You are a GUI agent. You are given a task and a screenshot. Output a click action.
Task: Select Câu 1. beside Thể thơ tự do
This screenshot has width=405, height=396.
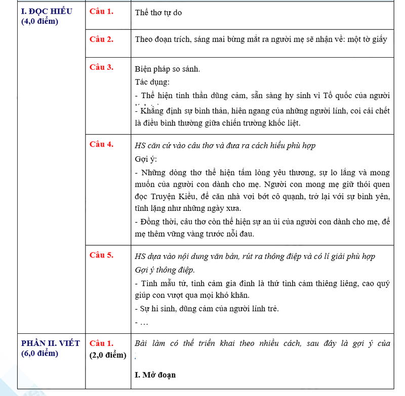(x=101, y=12)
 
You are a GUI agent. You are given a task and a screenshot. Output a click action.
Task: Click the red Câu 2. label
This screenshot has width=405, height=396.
(x=101, y=39)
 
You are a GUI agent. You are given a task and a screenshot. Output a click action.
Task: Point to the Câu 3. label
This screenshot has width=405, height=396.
(x=101, y=67)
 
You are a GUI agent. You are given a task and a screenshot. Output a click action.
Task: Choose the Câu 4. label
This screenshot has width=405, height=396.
(x=101, y=144)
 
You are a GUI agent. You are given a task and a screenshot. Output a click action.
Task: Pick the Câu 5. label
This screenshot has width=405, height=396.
(x=101, y=255)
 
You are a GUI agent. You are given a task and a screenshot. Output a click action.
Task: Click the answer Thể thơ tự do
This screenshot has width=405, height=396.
(x=158, y=13)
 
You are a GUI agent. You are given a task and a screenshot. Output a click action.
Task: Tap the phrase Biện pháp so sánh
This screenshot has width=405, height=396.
(x=168, y=69)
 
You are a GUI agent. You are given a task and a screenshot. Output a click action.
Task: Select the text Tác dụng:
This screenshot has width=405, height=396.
(x=152, y=82)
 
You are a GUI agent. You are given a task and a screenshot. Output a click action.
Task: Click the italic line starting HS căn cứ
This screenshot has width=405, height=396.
(x=225, y=146)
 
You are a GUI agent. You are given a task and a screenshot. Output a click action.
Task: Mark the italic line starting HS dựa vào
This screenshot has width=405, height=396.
(x=255, y=256)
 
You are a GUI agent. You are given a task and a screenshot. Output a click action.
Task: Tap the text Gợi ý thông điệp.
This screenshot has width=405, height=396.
(x=165, y=270)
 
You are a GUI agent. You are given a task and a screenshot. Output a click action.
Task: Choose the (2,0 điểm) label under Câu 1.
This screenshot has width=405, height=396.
(x=108, y=355)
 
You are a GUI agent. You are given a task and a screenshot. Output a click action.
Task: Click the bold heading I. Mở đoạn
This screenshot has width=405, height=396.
(x=155, y=375)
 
